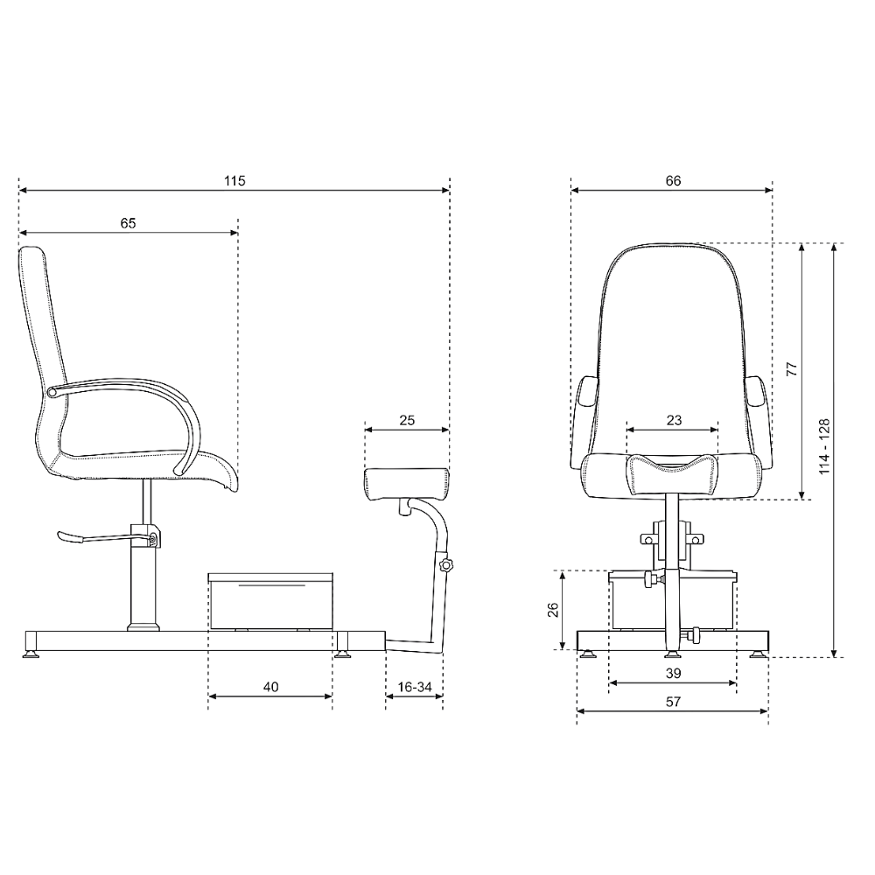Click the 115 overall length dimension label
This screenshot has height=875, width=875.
234,181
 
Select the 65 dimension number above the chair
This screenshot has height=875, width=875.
128,223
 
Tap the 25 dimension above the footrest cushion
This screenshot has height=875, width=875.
407,420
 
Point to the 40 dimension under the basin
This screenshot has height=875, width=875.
270,687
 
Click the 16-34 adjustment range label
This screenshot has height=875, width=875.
415,687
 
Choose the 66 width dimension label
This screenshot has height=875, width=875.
673,181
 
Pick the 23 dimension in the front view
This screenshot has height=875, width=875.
674,420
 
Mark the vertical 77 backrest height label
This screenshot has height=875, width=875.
792,369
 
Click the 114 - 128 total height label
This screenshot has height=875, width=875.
824,446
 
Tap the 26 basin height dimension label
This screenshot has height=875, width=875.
553,610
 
